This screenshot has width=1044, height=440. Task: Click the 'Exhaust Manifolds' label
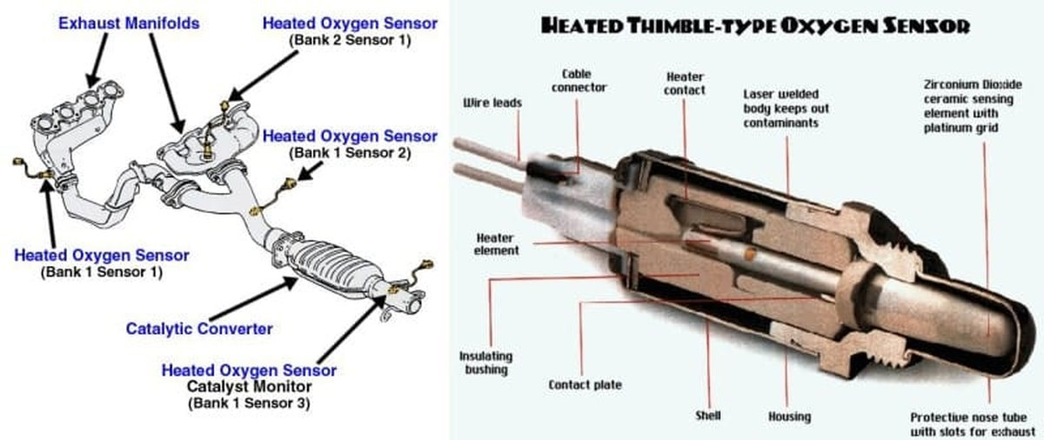click(129, 23)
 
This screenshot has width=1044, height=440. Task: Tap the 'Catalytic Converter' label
click(199, 329)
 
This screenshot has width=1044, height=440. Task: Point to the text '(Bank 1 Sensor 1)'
click(101, 272)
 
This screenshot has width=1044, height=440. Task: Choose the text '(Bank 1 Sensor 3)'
click(248, 403)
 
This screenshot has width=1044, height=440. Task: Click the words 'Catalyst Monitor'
click(248, 386)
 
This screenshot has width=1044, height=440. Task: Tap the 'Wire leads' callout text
click(492, 103)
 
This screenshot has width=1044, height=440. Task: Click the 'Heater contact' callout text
click(686, 83)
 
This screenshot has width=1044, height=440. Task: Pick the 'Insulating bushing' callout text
click(485, 363)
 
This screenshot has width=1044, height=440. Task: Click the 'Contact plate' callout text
click(585, 384)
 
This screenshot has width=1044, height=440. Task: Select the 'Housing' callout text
click(789, 417)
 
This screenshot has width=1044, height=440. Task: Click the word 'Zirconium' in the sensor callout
click(953, 85)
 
